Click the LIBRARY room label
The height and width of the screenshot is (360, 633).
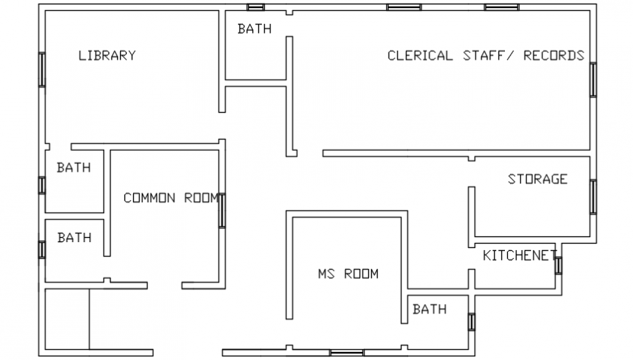[107, 55]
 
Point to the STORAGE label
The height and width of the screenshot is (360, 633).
[537, 179]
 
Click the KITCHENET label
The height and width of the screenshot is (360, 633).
[519, 255]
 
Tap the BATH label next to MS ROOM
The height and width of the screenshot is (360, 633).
[429, 309]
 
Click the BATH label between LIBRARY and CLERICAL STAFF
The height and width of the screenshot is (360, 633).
[254, 29]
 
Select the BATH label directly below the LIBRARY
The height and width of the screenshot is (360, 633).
[73, 168]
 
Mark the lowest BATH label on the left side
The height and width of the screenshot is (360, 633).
[73, 238]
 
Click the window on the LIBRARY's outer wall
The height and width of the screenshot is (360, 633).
[42, 69]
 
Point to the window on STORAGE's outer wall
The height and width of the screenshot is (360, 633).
[593, 196]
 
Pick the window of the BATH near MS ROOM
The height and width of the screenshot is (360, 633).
[471, 321]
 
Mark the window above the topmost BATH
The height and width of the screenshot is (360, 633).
[255, 7]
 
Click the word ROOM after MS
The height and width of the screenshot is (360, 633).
[361, 274]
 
